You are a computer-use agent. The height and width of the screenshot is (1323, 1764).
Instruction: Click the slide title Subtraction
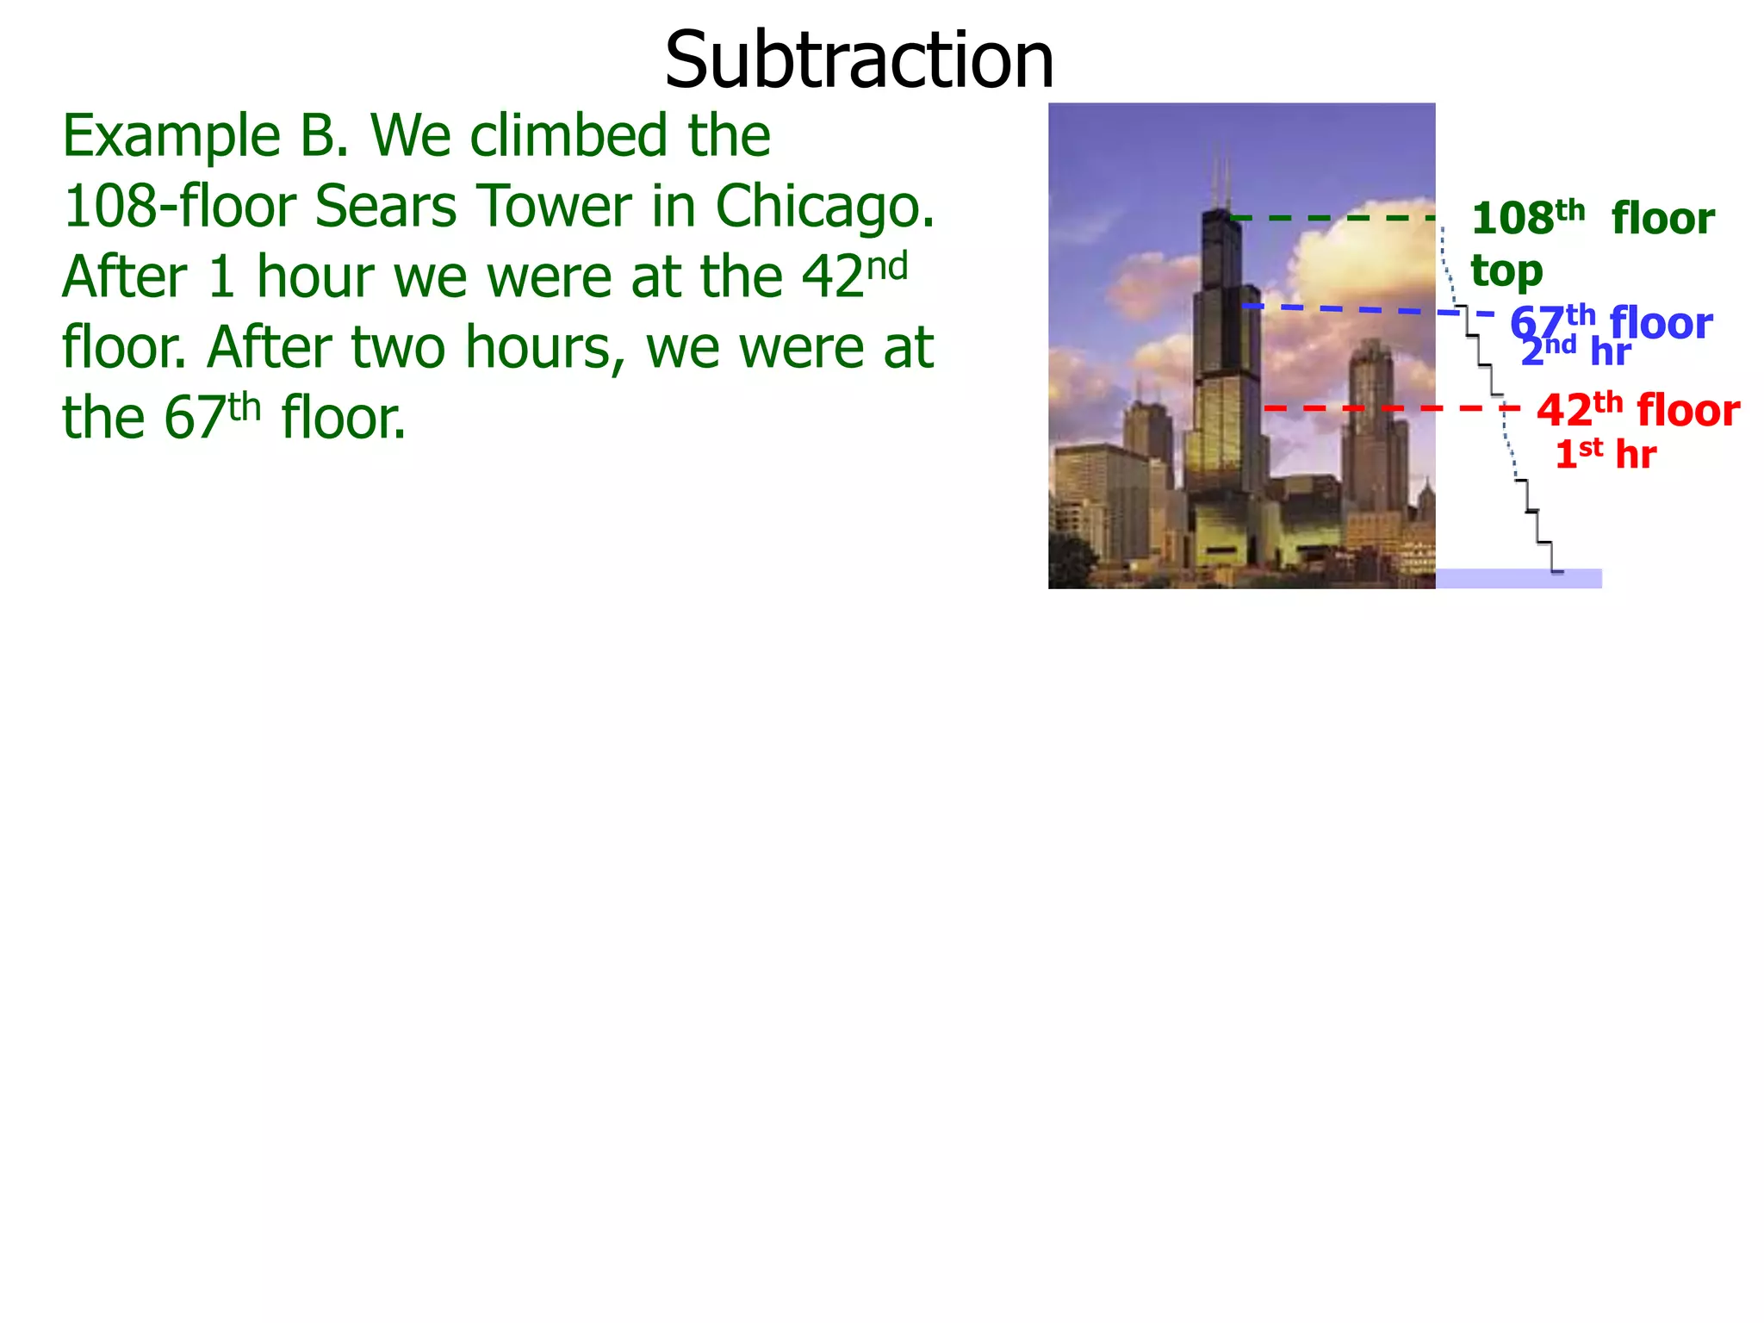859,60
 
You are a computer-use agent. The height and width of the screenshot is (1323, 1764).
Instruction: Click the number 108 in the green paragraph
109,207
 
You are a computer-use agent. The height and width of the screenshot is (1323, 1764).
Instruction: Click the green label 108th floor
1592,218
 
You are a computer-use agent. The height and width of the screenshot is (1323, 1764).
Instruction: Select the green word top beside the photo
1506,270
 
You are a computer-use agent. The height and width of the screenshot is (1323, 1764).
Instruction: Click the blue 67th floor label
1611,322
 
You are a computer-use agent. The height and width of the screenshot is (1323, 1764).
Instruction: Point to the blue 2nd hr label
1575,351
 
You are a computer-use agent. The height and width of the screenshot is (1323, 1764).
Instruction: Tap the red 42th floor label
1637,409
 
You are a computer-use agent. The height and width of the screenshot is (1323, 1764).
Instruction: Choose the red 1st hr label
1605,454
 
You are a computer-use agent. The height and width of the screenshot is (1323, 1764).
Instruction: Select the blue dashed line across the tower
1361,309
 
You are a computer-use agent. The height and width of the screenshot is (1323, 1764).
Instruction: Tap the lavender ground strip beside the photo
1519,579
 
